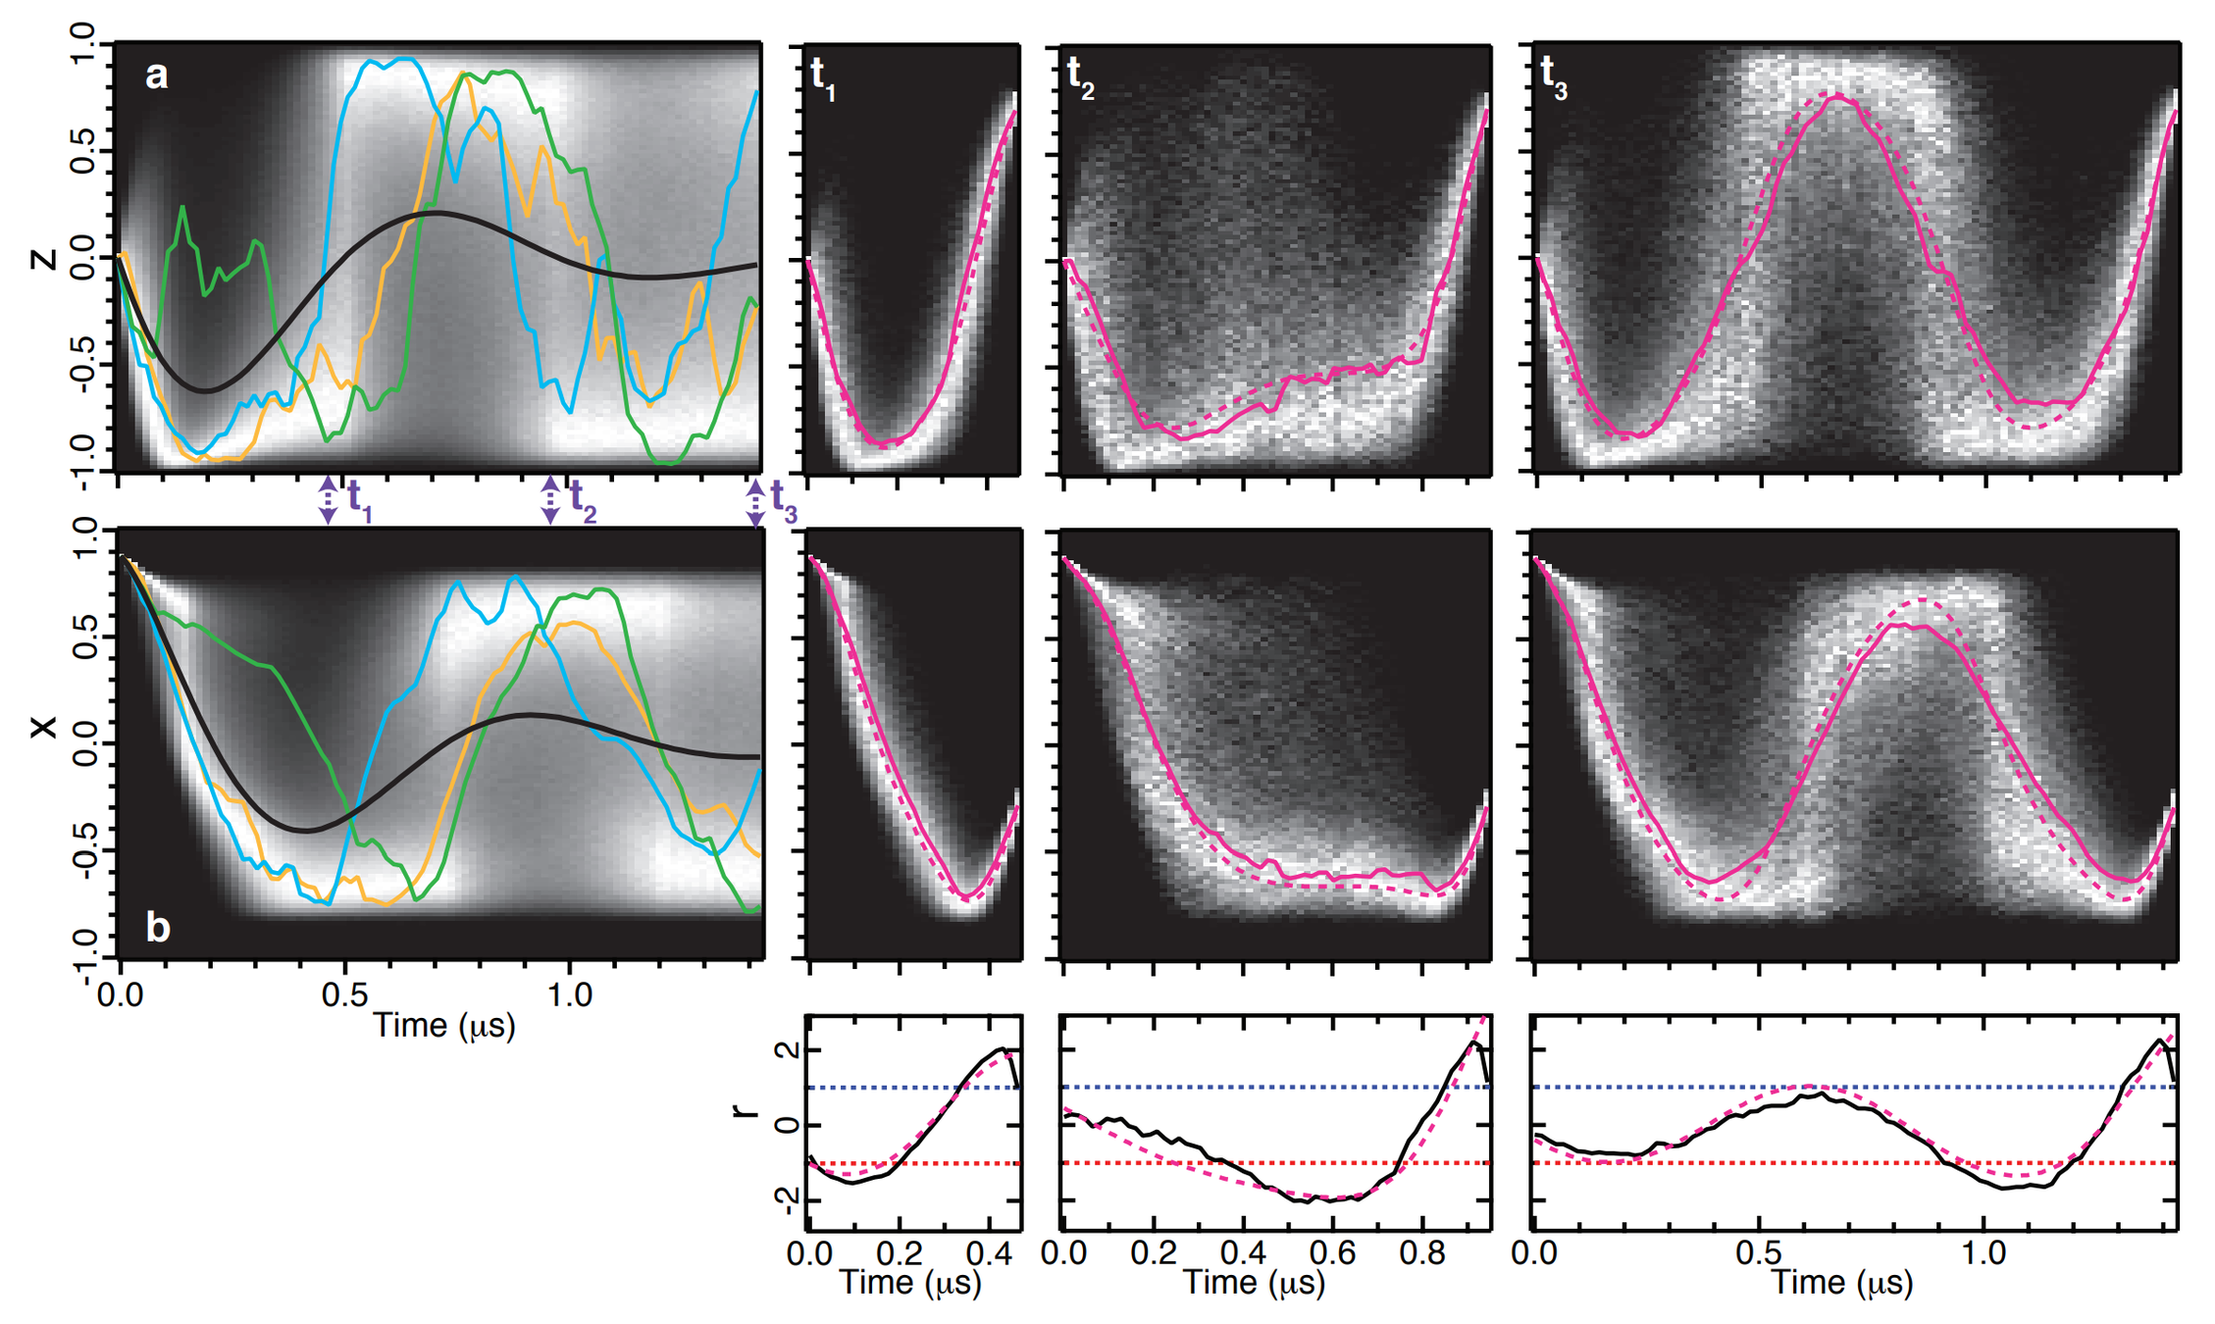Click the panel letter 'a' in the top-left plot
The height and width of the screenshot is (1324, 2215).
tap(156, 76)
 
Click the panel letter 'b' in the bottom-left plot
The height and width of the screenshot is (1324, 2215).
tap(158, 926)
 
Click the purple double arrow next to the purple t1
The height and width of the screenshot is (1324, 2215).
tap(328, 500)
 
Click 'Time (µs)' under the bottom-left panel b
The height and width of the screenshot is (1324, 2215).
tap(444, 1026)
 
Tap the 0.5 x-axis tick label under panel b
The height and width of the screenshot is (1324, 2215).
tap(344, 995)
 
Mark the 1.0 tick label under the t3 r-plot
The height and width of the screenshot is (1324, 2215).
tap(1983, 1253)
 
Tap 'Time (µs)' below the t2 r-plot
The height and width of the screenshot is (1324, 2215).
tap(1254, 1283)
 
